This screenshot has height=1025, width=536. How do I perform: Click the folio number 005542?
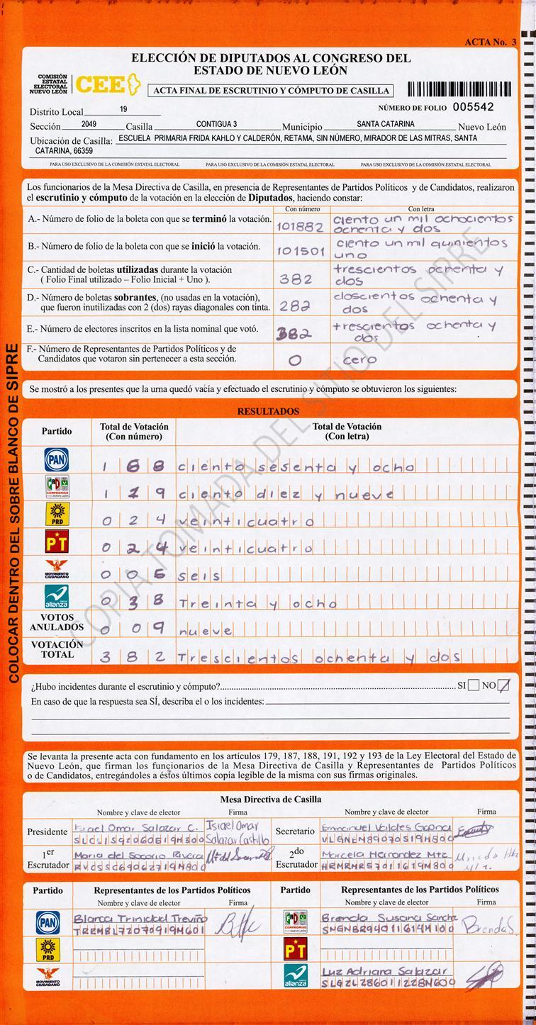pyautogui.click(x=473, y=107)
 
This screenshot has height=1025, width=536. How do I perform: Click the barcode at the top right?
pyautogui.click(x=459, y=89)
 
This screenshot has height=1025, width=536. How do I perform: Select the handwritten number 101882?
pyautogui.click(x=300, y=227)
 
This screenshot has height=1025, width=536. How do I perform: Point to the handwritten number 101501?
pyautogui.click(x=301, y=251)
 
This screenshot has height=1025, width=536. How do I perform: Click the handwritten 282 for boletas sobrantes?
pyautogui.click(x=296, y=306)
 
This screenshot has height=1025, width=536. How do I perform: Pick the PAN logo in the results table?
pyautogui.click(x=57, y=460)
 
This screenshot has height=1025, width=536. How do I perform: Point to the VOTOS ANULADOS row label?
pyautogui.click(x=57, y=622)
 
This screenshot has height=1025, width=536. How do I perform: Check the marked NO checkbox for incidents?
pyautogui.click(x=503, y=685)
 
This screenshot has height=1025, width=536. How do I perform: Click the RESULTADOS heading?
pyautogui.click(x=268, y=411)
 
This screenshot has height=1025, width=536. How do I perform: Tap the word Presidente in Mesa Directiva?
pyautogui.click(x=48, y=831)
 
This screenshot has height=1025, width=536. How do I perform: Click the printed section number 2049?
pyautogui.click(x=89, y=124)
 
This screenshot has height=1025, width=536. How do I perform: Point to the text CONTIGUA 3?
pyautogui.click(x=216, y=124)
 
